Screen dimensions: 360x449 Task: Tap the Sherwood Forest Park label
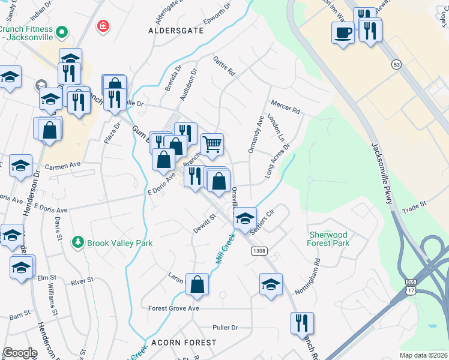[x=329, y=239]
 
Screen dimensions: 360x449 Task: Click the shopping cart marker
[x=212, y=143]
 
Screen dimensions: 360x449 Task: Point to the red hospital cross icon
[x=103, y=26]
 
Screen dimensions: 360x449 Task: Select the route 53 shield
[x=396, y=64]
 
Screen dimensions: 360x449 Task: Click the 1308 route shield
[x=259, y=251]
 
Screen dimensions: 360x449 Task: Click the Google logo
[x=20, y=353]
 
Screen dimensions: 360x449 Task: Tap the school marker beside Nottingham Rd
[x=271, y=284]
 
